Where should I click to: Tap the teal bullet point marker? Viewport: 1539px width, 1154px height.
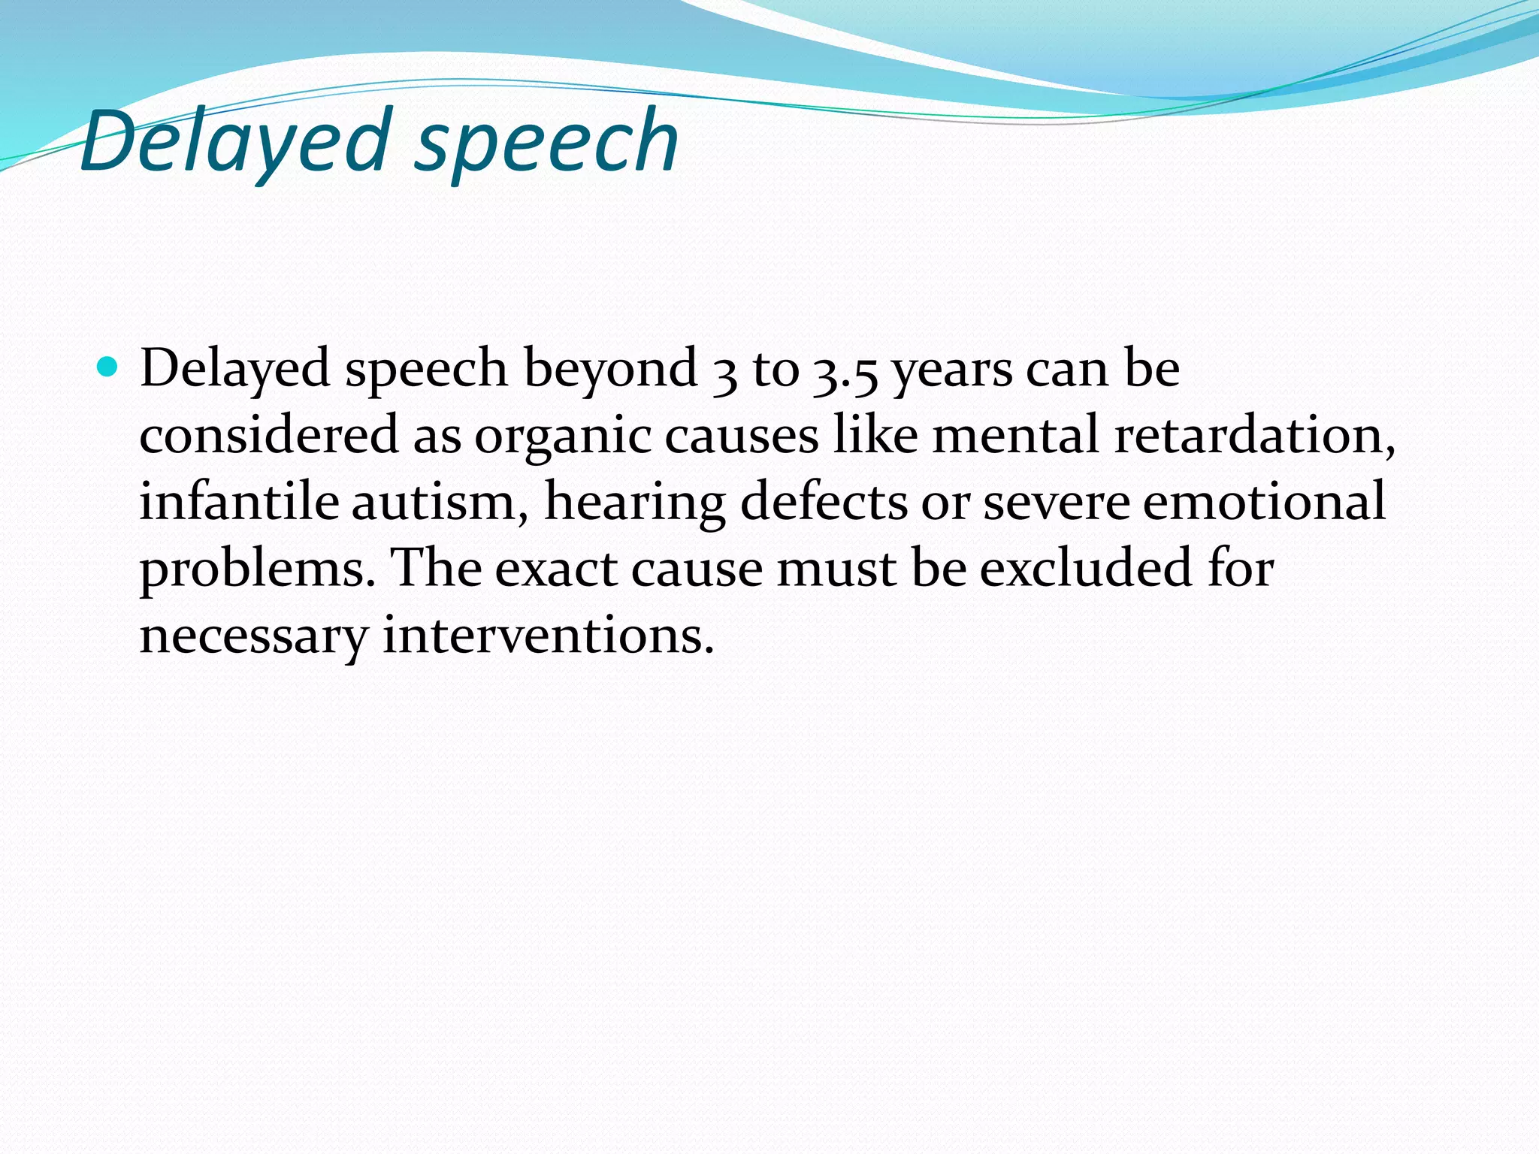[x=109, y=367]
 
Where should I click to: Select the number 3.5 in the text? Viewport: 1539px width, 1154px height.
[x=845, y=370]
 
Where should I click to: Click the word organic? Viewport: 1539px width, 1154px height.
[x=562, y=437]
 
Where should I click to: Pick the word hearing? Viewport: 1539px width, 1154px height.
[x=634, y=503]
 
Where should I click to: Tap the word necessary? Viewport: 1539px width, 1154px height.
[x=253, y=636]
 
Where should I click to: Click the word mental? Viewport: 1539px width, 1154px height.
[x=1015, y=435]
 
